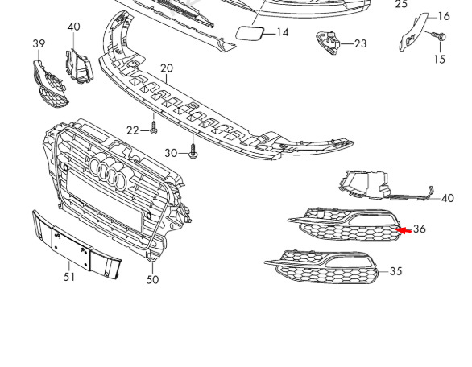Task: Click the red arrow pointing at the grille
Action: (403, 230)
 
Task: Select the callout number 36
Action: (420, 229)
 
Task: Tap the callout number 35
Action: (395, 271)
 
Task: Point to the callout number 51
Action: (69, 276)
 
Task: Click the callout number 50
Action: (152, 280)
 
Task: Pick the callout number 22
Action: (132, 130)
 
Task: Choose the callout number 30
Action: (171, 153)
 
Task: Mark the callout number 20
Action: (167, 68)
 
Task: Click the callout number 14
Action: (283, 32)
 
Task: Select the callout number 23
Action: (361, 44)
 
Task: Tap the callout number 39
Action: (39, 43)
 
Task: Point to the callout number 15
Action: (440, 59)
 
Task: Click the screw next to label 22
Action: (154, 127)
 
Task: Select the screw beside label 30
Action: (193, 151)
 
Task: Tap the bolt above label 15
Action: (439, 36)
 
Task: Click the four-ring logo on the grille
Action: (108, 173)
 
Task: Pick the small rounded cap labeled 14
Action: (250, 33)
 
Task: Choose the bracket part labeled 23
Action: (328, 43)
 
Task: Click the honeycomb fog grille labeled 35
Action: (321, 267)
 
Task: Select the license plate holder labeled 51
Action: (77, 245)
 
